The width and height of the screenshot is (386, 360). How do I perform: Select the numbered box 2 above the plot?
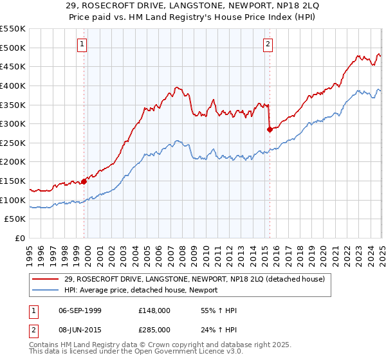coord(268,44)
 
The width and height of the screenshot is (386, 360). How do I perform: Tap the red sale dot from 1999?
coord(84,181)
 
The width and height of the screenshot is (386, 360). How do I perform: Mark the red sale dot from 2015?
coord(269,129)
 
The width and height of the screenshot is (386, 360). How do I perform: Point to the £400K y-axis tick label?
coord(13,85)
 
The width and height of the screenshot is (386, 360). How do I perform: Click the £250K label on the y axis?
coord(13,143)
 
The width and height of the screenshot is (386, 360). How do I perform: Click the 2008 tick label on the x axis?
coord(183,254)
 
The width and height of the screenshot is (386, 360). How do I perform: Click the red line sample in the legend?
coord(46,279)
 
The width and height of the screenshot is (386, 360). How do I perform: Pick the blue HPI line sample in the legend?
coord(46,290)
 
